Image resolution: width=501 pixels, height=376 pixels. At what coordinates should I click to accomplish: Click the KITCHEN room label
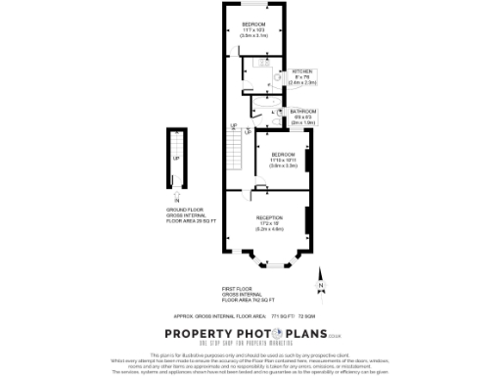(x=303, y=71)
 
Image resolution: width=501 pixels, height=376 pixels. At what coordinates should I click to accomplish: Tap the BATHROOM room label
(x=304, y=112)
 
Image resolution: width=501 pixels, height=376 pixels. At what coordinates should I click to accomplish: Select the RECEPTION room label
(x=269, y=216)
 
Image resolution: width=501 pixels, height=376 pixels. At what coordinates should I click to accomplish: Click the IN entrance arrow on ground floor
(x=177, y=197)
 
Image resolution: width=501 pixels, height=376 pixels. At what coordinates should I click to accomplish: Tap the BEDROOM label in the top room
(x=254, y=23)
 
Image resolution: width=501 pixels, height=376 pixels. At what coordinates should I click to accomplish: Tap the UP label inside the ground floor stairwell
(x=176, y=158)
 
